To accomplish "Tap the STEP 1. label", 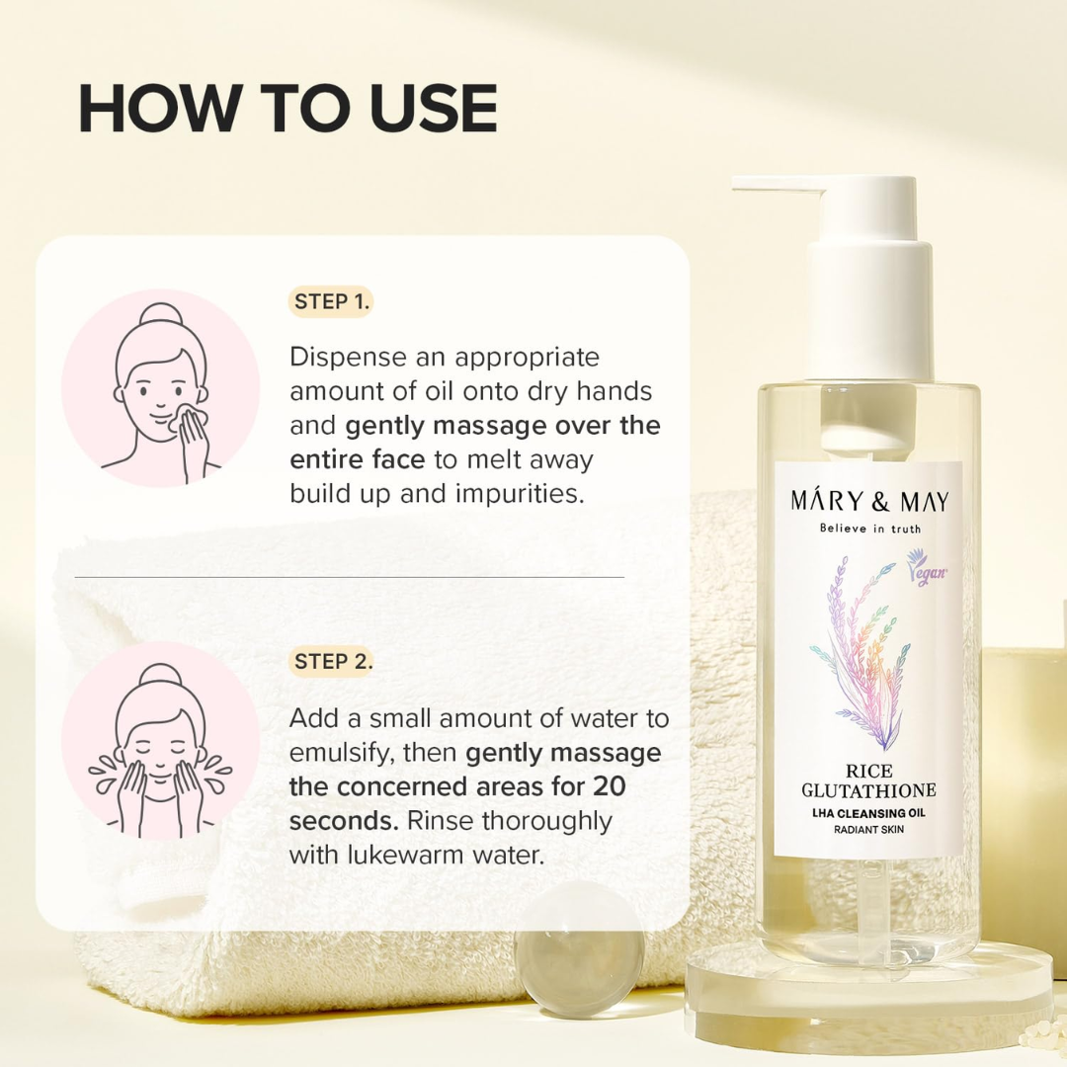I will pyautogui.click(x=332, y=302).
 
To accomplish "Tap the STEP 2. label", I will pyautogui.click(x=333, y=662).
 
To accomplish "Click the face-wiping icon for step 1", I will pyautogui.click(x=160, y=388).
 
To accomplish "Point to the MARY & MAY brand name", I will pyautogui.click(x=869, y=501).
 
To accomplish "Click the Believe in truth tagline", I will pyautogui.click(x=869, y=529).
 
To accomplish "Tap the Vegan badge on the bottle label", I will pyautogui.click(x=926, y=573).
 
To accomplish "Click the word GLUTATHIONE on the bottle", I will pyautogui.click(x=869, y=791).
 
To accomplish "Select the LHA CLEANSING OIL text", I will pyautogui.click(x=869, y=813).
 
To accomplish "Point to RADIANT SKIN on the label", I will pyautogui.click(x=869, y=830).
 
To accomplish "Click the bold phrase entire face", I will pyautogui.click(x=357, y=459).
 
